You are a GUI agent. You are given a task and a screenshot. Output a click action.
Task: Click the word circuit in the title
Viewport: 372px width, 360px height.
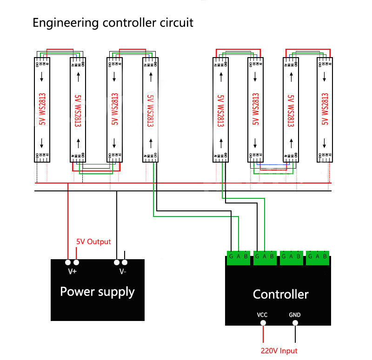pyautogui.click(x=177, y=22)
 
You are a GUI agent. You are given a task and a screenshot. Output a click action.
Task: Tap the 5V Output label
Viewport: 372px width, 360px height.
pyautogui.click(x=93, y=242)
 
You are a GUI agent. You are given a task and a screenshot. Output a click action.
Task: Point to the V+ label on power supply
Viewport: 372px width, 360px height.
pyautogui.click(x=72, y=272)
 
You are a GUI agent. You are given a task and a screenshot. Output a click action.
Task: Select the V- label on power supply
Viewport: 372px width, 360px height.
pyautogui.click(x=122, y=272)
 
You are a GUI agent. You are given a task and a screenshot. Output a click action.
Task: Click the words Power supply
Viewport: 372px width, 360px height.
pyautogui.click(x=97, y=292)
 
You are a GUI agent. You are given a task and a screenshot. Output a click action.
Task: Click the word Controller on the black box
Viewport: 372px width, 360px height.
pyautogui.click(x=280, y=294)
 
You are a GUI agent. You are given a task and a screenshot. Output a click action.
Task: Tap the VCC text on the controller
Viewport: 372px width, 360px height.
pyautogui.click(x=262, y=315)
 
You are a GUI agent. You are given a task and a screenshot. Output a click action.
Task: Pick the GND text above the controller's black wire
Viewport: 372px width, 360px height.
pyautogui.click(x=295, y=315)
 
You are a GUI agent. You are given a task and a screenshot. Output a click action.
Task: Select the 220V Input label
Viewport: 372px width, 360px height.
pyautogui.click(x=279, y=351)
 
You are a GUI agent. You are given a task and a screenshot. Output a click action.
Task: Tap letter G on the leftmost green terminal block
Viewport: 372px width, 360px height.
pyautogui.click(x=231, y=256)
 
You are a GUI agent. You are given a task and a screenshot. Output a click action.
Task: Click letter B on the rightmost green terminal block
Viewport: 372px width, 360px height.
pyautogui.click(x=325, y=256)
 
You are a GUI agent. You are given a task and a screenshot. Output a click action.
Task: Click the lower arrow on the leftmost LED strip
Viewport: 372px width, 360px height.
pyautogui.click(x=42, y=142)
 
